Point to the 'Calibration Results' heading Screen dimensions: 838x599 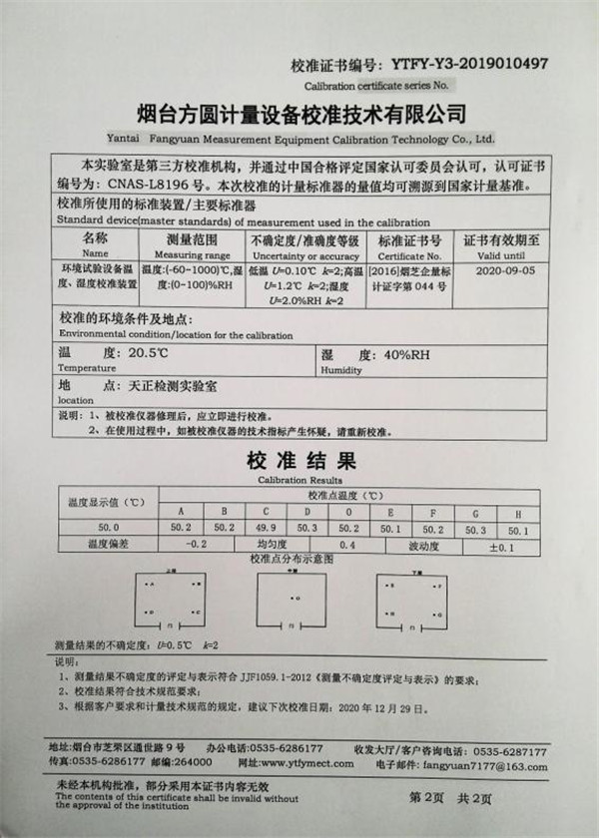tap(299, 479)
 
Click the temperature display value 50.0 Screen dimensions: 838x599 tap(107, 528)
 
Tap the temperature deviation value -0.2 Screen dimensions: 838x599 tap(196, 547)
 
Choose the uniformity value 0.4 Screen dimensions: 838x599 tap(347, 547)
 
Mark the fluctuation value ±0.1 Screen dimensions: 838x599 tap(501, 547)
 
